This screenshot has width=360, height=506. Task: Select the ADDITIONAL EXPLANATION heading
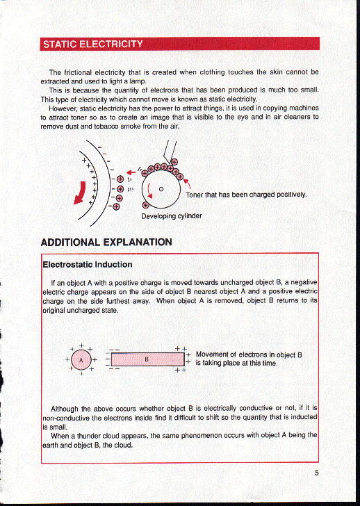pyautogui.click(x=107, y=243)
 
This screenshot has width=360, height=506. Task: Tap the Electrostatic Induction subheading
pyautogui.click(x=88, y=264)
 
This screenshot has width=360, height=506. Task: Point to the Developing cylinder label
pyautogui.click(x=172, y=216)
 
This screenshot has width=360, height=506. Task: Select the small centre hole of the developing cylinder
pyautogui.click(x=161, y=187)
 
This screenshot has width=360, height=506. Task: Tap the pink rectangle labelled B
pyautogui.click(x=147, y=360)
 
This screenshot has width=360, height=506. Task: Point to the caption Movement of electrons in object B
pyautogui.click(x=248, y=358)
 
